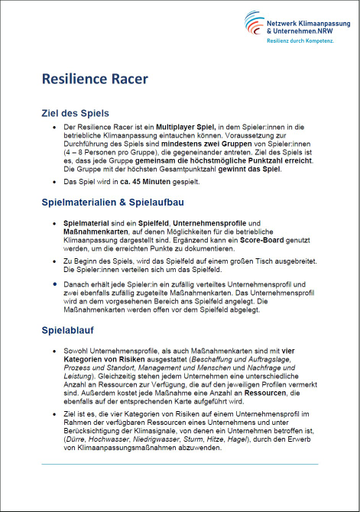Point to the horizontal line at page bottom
180,465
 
